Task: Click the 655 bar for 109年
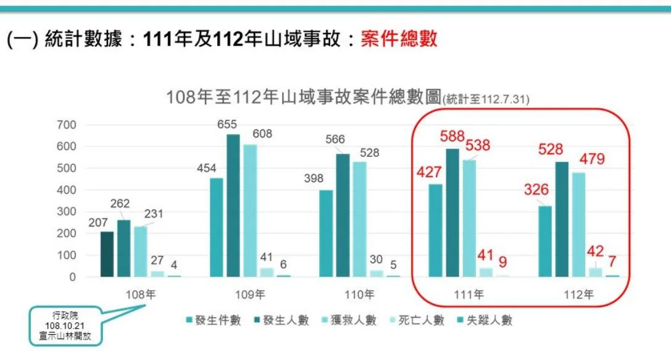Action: coord(233,206)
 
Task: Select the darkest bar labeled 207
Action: coord(107,254)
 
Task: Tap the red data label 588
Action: coord(452,136)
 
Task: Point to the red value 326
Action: coord(536,189)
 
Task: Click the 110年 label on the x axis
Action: coord(359,295)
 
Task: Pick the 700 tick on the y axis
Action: coord(66,125)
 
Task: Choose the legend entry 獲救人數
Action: coord(349,320)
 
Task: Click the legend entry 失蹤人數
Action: coord(485,320)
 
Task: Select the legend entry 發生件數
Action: coord(214,320)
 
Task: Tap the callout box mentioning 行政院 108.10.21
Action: coord(65,326)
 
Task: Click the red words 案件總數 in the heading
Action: coord(399,38)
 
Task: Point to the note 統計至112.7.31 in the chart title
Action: coord(486,99)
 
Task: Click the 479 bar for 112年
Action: coord(578,225)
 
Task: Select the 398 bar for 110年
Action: coord(326,233)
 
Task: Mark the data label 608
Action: coord(262,134)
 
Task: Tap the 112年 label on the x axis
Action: coord(578,295)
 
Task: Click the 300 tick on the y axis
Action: coord(66,212)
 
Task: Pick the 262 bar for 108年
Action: coord(123,248)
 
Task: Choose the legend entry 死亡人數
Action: coord(417,320)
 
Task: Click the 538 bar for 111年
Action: coord(469,219)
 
